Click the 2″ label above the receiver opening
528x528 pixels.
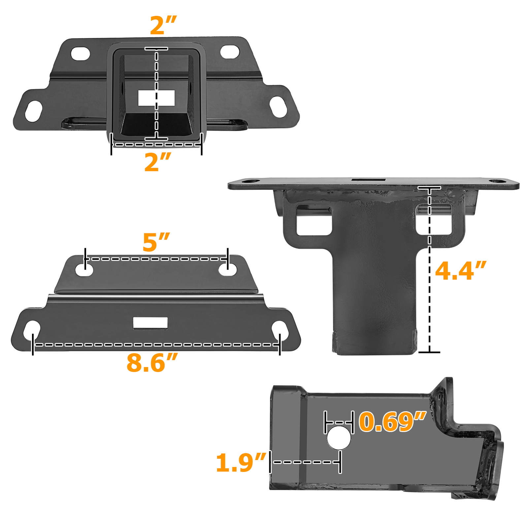[163, 26]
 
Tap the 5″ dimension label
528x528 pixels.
[156, 243]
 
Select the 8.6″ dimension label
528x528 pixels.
[152, 363]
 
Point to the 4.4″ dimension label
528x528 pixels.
[460, 271]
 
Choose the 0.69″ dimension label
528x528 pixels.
[392, 422]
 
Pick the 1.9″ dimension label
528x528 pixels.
[241, 463]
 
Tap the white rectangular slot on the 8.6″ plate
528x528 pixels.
[150, 323]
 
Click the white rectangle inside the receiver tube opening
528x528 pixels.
[156, 98]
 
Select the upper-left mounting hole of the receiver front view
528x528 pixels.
[81, 53]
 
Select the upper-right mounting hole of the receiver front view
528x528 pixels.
[230, 52]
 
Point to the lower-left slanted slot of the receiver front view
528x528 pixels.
[34, 111]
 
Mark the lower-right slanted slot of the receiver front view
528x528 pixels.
[278, 107]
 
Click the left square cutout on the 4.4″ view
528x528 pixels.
[314, 220]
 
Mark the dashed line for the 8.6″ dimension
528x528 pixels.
[155, 345]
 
